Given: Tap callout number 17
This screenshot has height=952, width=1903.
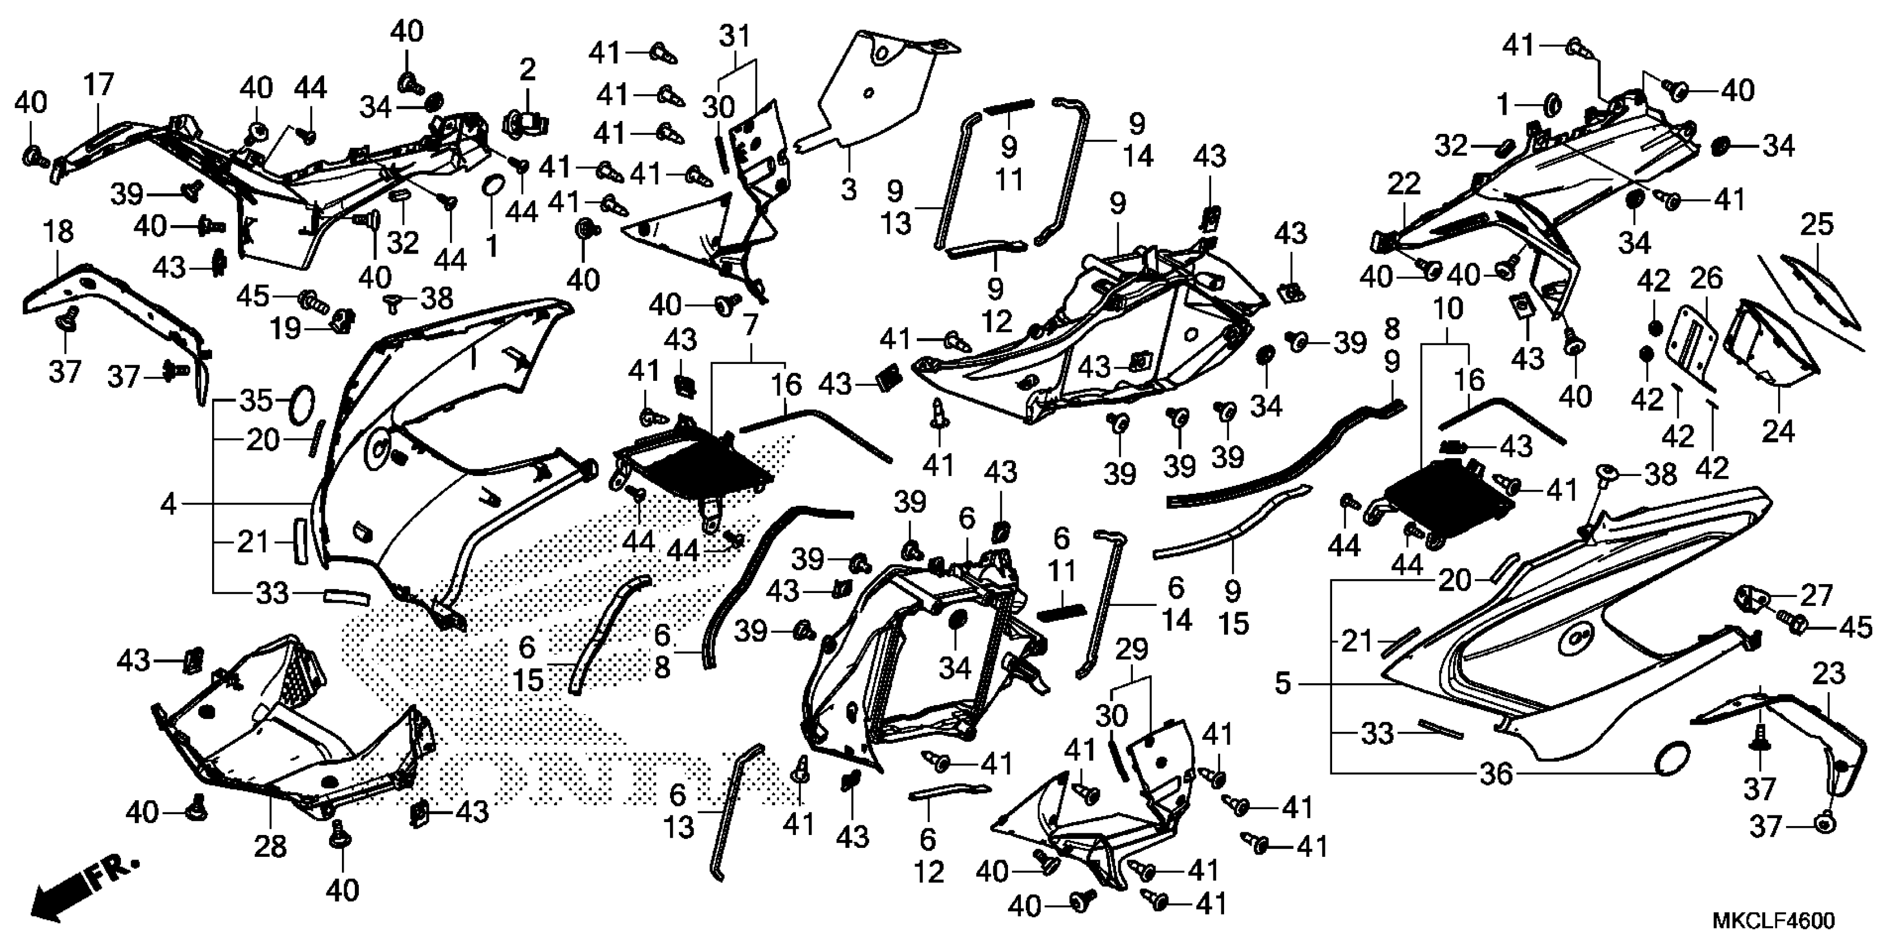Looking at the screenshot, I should coord(99,85).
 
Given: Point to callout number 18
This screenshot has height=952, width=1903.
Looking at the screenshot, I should coord(59,232).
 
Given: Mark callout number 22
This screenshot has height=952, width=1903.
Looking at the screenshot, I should coord(1404,183).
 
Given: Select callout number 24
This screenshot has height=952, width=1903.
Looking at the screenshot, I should coord(1778,431).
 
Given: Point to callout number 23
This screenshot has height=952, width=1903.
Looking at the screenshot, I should coord(1829,674).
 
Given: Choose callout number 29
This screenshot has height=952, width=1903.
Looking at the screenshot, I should coord(1132,650).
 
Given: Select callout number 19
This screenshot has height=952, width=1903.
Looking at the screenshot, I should coord(285,328).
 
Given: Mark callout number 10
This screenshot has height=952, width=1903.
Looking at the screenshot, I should coord(1447,310).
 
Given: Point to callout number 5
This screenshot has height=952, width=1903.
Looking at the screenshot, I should coord(1283,684).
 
